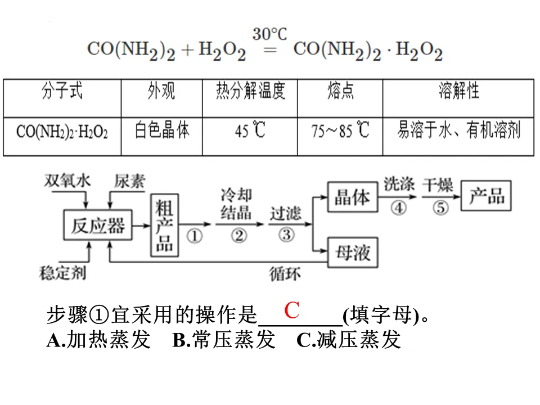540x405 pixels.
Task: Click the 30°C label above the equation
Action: coord(269,35)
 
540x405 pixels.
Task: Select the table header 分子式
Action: coord(62,91)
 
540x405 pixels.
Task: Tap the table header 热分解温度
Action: coord(250,91)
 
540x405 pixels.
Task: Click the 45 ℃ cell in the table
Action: coord(250,131)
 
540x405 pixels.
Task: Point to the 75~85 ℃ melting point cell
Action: coord(340,131)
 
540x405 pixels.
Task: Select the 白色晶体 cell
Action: coord(162,130)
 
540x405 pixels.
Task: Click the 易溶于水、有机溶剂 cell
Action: coord(458,130)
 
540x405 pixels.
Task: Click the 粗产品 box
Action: coord(164,224)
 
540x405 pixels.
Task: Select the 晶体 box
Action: coord(353,197)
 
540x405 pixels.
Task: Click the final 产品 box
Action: coord(487,196)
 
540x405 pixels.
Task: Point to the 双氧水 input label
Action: coord(67,181)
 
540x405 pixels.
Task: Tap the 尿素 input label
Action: coord(129,181)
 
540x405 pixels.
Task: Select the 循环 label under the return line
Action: coord(285,274)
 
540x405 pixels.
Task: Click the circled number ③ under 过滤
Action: coord(286,234)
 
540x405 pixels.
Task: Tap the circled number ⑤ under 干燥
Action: coord(441,208)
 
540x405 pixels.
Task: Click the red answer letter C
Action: coord(291,310)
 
